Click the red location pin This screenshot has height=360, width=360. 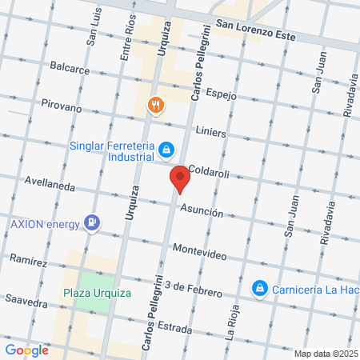(180, 178)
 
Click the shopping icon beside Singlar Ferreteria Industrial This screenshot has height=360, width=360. (166, 149)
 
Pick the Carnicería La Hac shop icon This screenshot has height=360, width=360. (259, 287)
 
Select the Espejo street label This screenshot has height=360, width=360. (222, 94)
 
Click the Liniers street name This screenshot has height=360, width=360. (210, 131)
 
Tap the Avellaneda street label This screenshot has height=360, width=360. (50, 185)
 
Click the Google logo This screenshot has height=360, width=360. (26, 350)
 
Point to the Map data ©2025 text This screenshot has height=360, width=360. (325, 354)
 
